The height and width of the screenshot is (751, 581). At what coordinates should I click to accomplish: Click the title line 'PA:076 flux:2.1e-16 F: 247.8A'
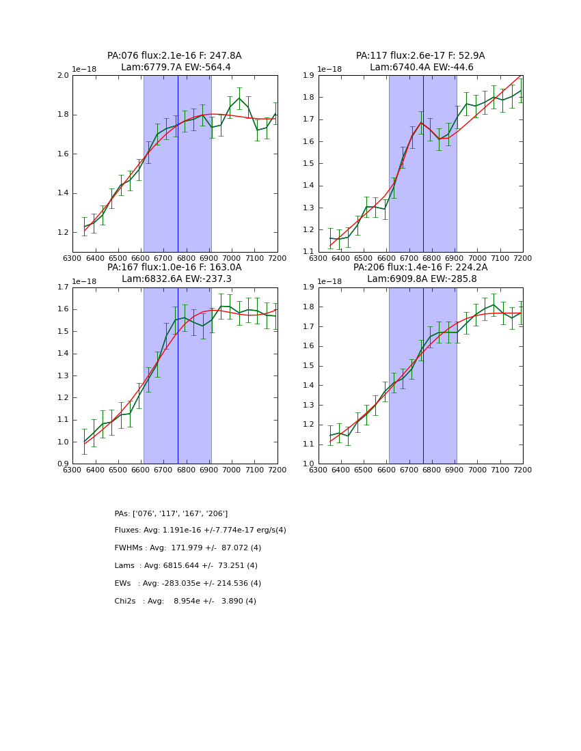pyautogui.click(x=174, y=56)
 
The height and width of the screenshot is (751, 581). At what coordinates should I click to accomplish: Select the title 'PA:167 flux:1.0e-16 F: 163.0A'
pyautogui.click(x=174, y=268)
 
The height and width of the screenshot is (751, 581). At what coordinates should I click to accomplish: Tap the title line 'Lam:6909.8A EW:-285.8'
pyautogui.click(x=420, y=279)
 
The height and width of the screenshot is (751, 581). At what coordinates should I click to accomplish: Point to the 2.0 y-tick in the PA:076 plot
pyautogui.click(x=63, y=76)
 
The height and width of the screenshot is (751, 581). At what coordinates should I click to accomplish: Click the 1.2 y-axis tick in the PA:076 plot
pyautogui.click(x=63, y=233)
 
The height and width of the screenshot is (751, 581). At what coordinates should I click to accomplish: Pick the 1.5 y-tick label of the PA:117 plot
pyautogui.click(x=309, y=164)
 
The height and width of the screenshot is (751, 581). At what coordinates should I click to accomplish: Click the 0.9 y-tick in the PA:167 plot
pyautogui.click(x=63, y=464)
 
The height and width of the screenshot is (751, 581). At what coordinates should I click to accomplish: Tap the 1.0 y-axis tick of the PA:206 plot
pyautogui.click(x=309, y=464)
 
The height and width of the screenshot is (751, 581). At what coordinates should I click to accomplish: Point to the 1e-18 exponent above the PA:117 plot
pyautogui.click(x=330, y=70)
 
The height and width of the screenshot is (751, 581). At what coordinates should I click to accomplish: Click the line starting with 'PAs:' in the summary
pyautogui.click(x=171, y=514)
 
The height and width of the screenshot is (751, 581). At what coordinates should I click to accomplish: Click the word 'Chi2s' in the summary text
pyautogui.click(x=127, y=601)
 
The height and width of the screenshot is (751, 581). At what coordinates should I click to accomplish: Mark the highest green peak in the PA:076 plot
pyautogui.click(x=239, y=98)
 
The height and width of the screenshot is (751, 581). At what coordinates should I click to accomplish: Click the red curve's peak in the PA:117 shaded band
pyautogui.click(x=421, y=123)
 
